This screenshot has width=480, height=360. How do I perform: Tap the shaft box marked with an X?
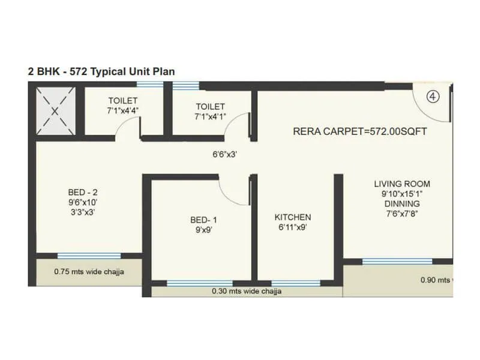pyautogui.click(x=55, y=110)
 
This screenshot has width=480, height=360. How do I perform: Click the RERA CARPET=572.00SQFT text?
pyautogui.click(x=359, y=131)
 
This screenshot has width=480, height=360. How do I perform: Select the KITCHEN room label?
pyautogui.click(x=293, y=217)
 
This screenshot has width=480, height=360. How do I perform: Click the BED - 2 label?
pyautogui.click(x=83, y=192)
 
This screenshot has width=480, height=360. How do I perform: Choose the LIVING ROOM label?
pyautogui.click(x=402, y=184)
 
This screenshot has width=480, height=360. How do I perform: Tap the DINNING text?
pyautogui.click(x=402, y=204)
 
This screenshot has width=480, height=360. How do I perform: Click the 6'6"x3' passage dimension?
pyautogui.click(x=225, y=154)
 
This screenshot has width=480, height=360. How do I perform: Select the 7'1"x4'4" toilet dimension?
pyautogui.click(x=123, y=110)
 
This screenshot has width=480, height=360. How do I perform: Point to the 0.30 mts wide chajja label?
pyautogui.click(x=247, y=292)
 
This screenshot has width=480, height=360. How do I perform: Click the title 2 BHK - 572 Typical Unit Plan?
pyautogui.click(x=101, y=71)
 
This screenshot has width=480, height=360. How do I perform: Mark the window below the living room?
pyautogui.click(x=397, y=261)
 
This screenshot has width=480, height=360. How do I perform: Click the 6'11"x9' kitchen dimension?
pyautogui.click(x=293, y=227)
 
